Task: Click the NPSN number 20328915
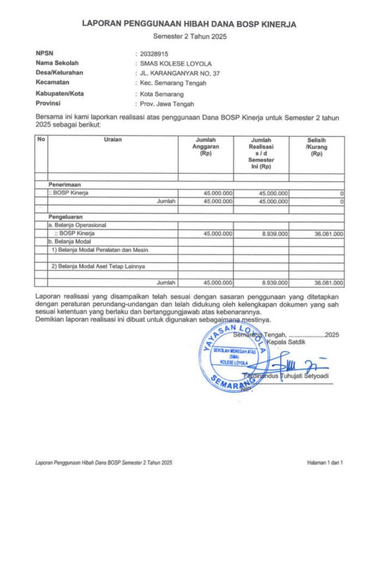(x=151, y=53)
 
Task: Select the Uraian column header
(x=113, y=140)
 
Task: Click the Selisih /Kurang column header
(x=316, y=147)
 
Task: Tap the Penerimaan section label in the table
(x=65, y=185)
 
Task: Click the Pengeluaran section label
(x=66, y=217)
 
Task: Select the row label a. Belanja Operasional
(x=79, y=226)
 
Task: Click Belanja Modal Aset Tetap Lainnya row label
(x=98, y=266)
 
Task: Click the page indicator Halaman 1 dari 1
(x=325, y=461)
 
